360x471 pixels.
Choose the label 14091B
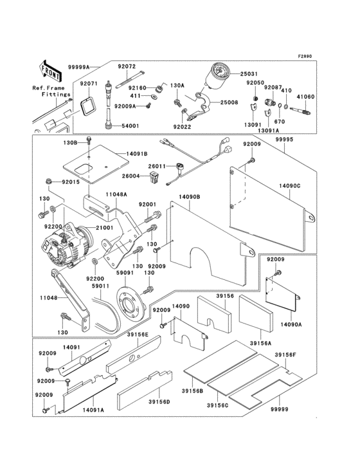137,154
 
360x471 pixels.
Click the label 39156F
285,355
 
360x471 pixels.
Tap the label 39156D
159,402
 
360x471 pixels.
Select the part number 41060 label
305,97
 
